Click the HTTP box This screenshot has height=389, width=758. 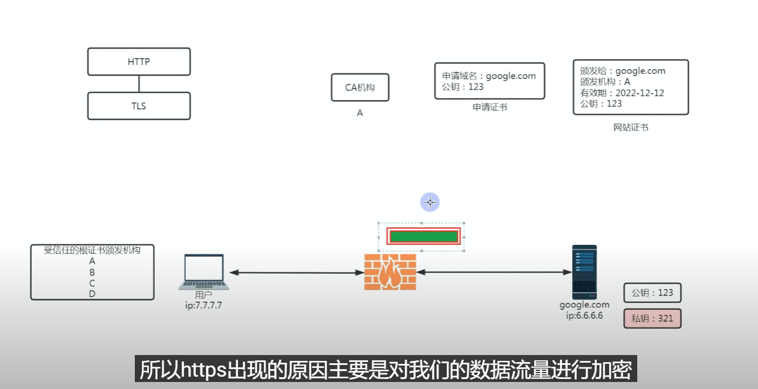(139, 62)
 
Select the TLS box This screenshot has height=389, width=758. (139, 106)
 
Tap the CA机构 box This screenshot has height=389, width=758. (360, 87)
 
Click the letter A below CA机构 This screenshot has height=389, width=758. (360, 113)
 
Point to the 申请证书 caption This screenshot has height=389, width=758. (490, 107)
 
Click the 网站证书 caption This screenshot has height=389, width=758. (631, 127)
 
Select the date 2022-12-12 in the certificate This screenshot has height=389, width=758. (640, 93)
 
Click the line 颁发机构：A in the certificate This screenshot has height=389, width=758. (605, 82)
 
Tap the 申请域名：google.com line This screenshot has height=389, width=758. (489, 76)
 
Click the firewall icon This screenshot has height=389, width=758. (390, 272)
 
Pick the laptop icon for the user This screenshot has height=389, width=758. (204, 272)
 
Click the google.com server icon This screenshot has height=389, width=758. (584, 272)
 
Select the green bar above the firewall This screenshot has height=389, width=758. (423, 237)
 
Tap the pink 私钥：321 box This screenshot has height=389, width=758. (652, 319)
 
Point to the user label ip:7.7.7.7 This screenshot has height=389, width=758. (203, 305)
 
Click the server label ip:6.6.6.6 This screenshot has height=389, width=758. (584, 315)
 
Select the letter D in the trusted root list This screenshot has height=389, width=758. (92, 294)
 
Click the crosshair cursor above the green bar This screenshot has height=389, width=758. (430, 203)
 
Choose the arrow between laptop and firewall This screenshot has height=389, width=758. (296, 272)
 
